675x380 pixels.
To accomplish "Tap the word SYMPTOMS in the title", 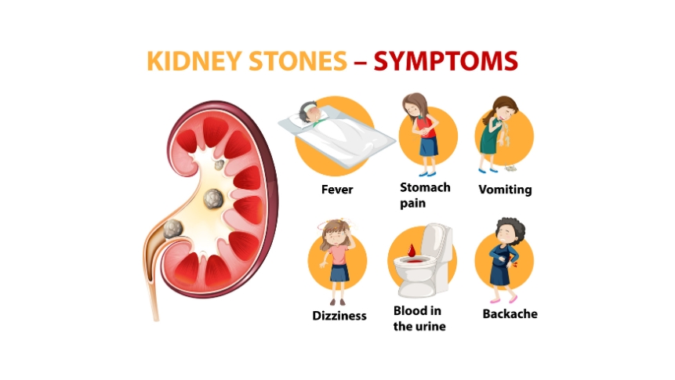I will pos(445,62).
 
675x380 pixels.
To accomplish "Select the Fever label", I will pos(337,190).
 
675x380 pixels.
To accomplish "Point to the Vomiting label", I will pos(505,190).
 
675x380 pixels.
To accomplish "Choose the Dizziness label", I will pos(339,316).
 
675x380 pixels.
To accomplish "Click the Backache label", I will pos(510,314).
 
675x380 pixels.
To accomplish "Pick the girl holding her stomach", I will pos(423,133).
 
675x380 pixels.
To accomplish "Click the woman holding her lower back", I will pos(503,259).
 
